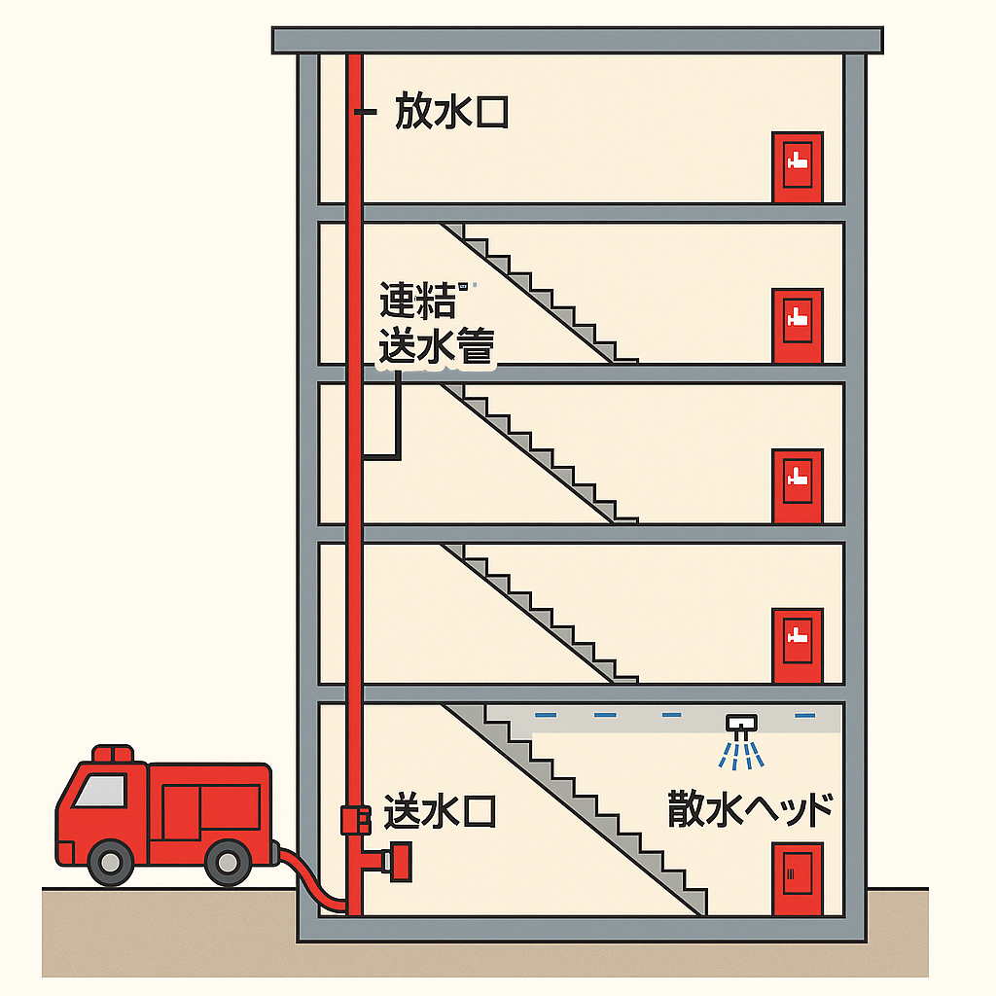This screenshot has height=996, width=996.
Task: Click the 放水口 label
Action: click(451, 112)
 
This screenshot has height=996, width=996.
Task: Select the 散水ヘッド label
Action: click(750, 808)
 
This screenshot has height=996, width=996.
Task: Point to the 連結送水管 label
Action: click(437, 323)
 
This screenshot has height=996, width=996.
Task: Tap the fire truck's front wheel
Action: click(111, 862)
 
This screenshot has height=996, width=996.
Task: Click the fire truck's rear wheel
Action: click(228, 863)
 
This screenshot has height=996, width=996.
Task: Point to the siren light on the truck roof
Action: click(113, 754)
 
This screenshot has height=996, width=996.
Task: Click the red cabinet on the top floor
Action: click(798, 167)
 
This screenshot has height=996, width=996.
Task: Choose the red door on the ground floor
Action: click(798, 879)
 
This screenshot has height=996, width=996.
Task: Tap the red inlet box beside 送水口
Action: click(356, 819)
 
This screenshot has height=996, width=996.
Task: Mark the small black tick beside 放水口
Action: click(366, 112)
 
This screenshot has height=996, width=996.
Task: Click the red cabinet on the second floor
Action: click(798, 646)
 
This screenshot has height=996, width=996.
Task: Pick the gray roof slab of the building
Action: click(578, 41)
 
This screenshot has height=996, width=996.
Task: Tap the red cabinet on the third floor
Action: click(798, 486)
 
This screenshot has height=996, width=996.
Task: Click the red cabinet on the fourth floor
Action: click(798, 326)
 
